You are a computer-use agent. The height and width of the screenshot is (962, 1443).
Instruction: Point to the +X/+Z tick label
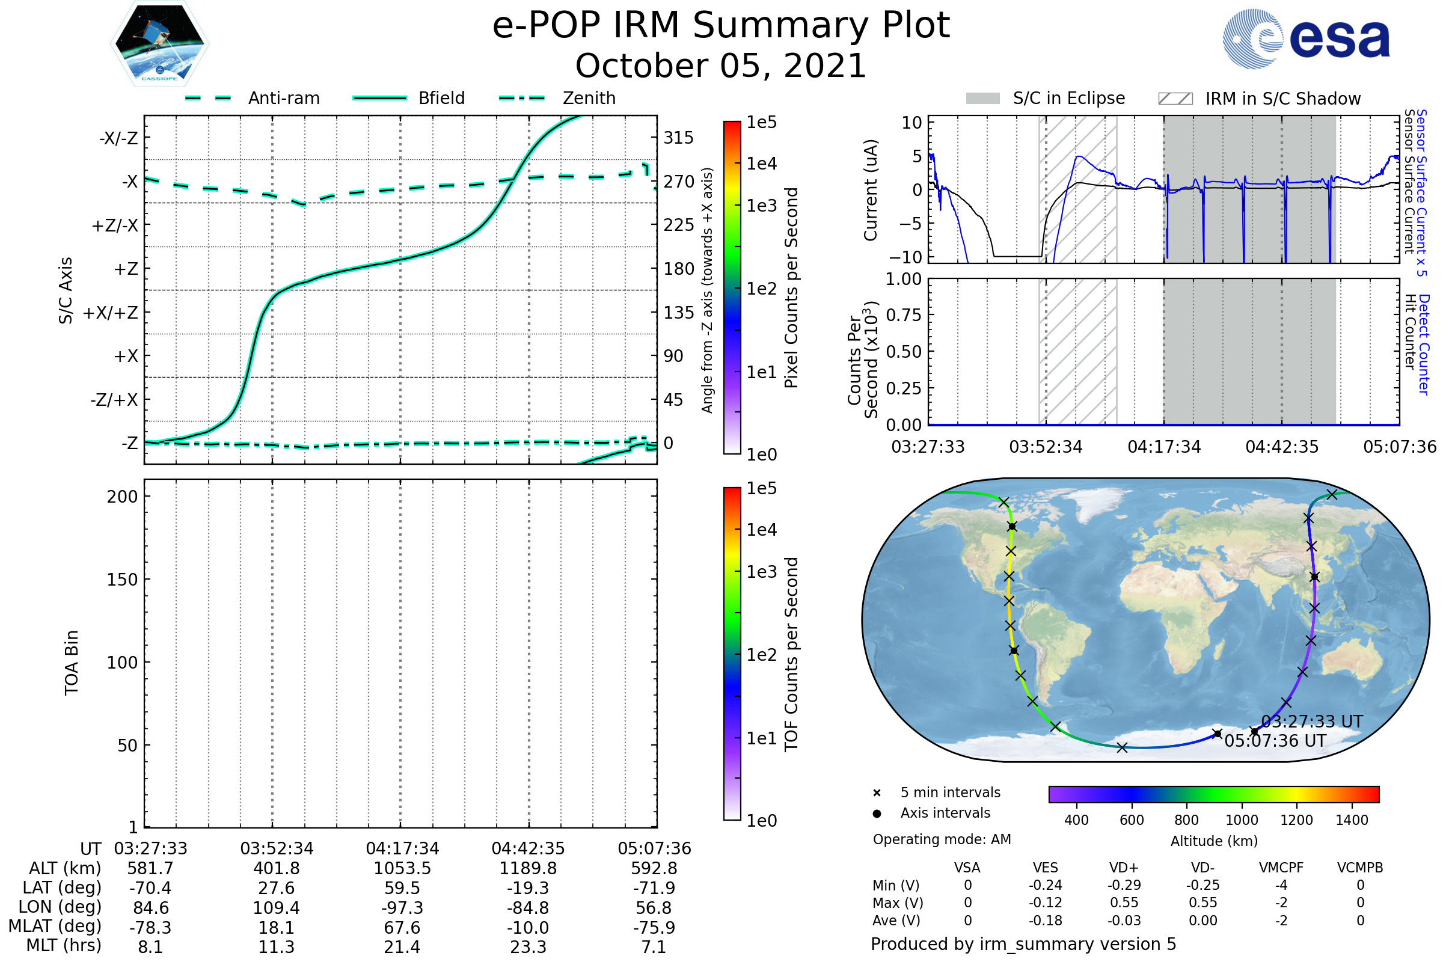point(111,313)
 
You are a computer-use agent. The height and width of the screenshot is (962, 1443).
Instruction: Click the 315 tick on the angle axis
point(678,138)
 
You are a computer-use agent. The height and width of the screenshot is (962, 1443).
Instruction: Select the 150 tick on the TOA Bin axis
point(122,580)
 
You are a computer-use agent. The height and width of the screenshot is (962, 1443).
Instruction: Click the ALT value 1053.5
point(402,869)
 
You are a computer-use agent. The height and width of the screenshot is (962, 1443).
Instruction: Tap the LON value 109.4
point(276,908)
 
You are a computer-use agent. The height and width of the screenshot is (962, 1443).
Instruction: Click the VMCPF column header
point(1281,868)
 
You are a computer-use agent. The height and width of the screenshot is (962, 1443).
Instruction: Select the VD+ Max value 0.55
point(1124,903)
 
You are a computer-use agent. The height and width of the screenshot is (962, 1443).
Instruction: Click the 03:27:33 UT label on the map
point(1312,721)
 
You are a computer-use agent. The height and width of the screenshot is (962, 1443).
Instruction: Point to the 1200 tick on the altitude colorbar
point(1296,820)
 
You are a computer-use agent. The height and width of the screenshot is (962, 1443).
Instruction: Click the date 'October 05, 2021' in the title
point(721,66)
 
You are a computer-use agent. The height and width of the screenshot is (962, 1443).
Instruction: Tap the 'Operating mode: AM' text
point(942,839)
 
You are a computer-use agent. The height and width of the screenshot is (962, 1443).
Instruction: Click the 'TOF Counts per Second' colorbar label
point(791,654)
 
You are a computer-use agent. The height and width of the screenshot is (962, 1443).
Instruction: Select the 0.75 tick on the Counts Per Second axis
point(903,315)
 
